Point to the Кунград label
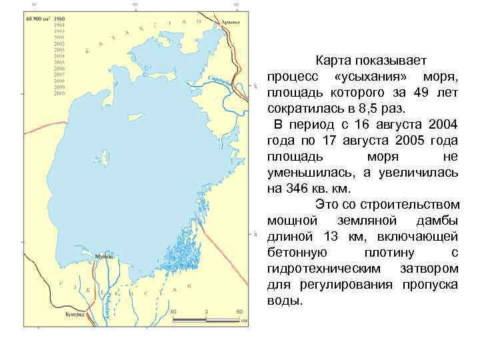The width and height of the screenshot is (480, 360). point(75,313)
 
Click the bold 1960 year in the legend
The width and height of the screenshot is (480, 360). point(59,19)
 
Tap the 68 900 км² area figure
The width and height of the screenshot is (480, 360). point(39,19)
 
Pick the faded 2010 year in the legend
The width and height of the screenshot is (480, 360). point(59,94)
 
